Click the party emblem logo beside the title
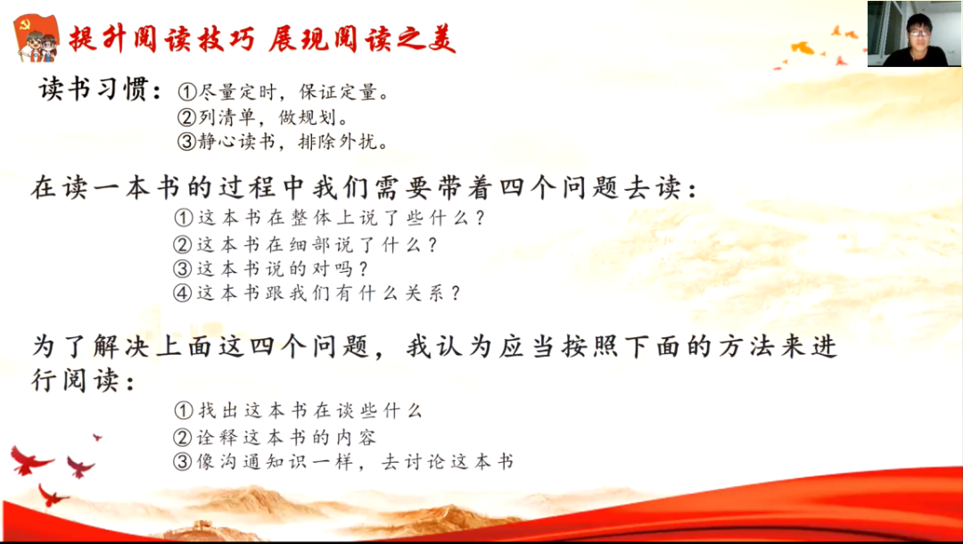point(37,37)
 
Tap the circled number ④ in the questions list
point(183,293)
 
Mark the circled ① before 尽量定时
point(187,92)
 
